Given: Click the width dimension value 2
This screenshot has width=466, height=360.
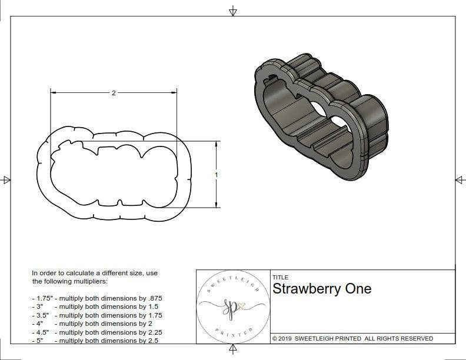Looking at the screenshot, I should point(114,93).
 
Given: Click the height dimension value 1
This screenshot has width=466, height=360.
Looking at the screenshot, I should point(217,175).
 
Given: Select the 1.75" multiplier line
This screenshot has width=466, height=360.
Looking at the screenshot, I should point(97,299).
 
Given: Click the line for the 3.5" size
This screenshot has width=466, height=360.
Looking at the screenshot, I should point(97,315).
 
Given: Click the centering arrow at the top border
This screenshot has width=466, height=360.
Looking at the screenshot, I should point(233,11).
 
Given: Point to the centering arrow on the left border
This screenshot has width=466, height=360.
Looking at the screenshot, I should point(6,180).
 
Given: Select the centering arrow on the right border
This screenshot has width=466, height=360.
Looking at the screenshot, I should point(459,180).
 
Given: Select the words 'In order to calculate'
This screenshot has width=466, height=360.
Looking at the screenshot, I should point(64,274).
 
